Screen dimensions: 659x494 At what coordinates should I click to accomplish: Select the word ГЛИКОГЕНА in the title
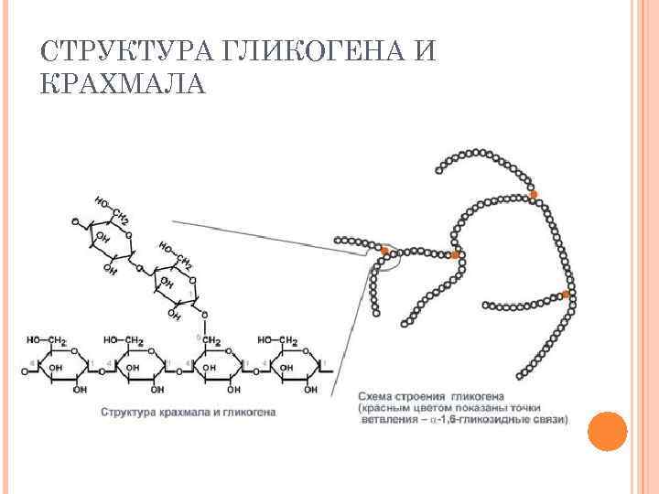point(310,53)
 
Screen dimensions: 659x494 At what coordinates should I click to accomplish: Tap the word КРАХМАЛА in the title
point(124,85)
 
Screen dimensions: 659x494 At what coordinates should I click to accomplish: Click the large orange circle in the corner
point(606,431)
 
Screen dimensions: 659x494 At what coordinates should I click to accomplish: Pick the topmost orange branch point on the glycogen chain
point(534,195)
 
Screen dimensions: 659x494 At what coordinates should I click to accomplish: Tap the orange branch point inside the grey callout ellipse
point(386,250)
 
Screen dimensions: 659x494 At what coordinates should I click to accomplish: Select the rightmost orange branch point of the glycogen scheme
point(566,295)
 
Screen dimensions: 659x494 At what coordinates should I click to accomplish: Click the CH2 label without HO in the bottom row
point(212,341)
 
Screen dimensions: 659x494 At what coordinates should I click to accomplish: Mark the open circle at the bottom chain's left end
point(26,372)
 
